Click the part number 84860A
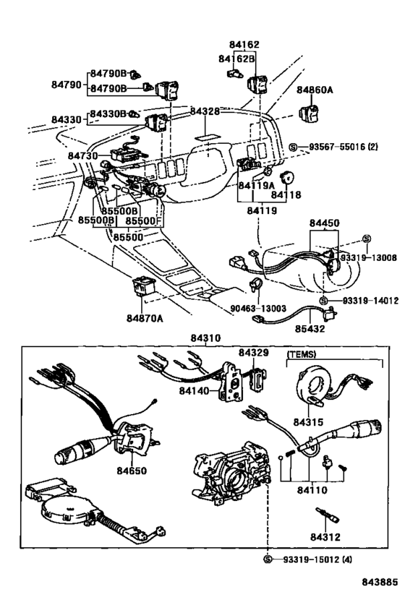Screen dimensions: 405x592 coord(315,90)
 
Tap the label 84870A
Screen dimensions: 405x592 coord(145,318)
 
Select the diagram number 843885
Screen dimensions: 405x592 coord(380,581)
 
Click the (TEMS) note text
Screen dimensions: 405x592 coord(302,354)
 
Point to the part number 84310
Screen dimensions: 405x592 coord(205,338)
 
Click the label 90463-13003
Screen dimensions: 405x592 coord(258,309)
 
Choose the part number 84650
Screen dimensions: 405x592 coord(132,471)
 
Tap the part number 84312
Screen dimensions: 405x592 coord(325,536)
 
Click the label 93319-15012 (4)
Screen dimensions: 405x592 coord(317,559)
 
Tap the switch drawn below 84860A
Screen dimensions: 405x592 coord(309,113)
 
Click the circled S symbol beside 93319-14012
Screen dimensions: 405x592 coord(323,301)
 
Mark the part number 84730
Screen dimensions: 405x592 coord(83,155)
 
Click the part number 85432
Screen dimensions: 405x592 coord(310,328)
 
